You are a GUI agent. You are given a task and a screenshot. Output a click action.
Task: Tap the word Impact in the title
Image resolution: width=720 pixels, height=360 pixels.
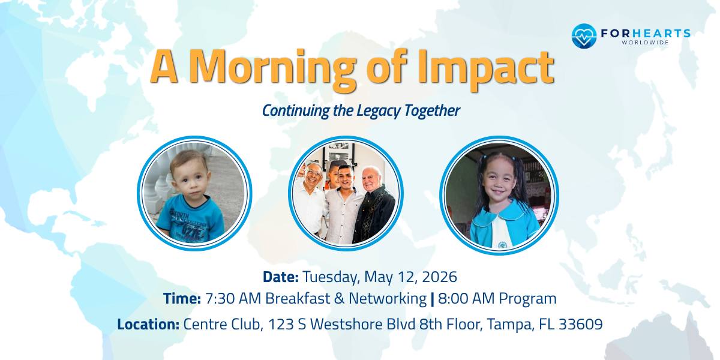tap(496, 67)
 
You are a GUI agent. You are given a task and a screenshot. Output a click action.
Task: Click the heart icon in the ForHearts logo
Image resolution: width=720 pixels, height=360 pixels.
tap(583, 36)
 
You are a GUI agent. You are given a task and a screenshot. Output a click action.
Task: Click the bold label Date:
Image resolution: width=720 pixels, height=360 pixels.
tap(280, 277)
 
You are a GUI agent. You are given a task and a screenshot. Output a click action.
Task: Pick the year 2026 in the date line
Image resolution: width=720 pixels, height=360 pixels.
tap(439, 277)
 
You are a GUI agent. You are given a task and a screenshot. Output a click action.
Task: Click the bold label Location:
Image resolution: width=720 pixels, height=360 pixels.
tap(148, 325)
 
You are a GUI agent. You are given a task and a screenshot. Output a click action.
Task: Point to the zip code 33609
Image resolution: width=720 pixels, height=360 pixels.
tap(580, 325)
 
